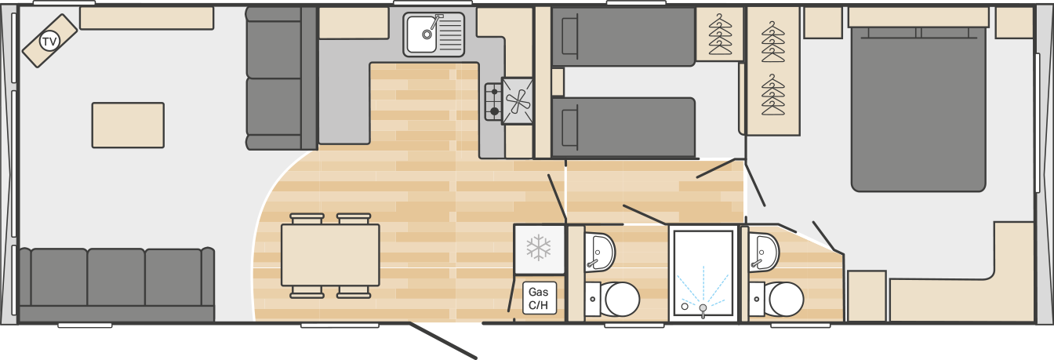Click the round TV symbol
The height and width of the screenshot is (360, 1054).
(x=49, y=42)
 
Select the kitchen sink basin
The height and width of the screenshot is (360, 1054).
(x=422, y=34)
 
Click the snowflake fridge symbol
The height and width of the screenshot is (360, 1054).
(x=539, y=248)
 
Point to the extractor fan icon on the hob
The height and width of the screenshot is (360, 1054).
(x=517, y=100)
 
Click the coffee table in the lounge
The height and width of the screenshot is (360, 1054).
(x=128, y=125)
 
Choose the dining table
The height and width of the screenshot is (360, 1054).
(x=330, y=255)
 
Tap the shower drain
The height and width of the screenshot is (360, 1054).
(x=703, y=308)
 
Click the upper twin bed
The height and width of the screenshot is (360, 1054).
(x=623, y=37)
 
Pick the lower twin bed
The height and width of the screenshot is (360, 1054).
(x=623, y=127)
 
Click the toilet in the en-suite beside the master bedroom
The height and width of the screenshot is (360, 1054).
(x=776, y=300)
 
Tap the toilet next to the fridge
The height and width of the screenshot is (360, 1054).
(x=612, y=300)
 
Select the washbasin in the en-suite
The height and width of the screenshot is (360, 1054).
(x=764, y=252)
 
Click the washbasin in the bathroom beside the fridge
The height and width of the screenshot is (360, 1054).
(x=600, y=252)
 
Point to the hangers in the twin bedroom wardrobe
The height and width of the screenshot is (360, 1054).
(x=719, y=35)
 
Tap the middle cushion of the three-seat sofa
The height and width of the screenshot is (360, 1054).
(x=116, y=277)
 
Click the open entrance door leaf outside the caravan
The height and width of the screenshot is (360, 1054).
(x=443, y=341)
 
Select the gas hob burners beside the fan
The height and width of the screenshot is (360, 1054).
(x=493, y=101)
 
